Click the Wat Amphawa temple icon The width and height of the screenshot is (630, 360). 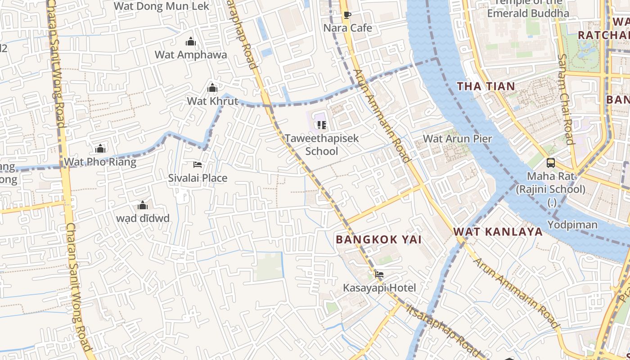[191, 42]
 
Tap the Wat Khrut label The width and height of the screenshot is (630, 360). [212, 101]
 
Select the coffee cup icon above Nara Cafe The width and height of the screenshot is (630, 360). [347, 15]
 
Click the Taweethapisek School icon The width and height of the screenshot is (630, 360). [321, 125]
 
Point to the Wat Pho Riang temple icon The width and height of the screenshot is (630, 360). [100, 148]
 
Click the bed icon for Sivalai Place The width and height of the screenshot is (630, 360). [197, 165]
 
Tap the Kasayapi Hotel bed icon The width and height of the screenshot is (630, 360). [379, 274]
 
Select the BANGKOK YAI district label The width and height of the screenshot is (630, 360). [379, 239]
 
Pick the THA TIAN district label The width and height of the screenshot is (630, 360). [486, 86]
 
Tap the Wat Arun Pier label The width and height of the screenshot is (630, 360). [458, 139]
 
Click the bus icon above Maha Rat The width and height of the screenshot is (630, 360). [550, 163]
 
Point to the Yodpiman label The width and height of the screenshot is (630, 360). [572, 225]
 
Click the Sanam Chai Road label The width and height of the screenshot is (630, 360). [566, 99]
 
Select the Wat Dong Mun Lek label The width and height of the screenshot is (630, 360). [162, 6]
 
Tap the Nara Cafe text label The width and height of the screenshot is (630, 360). [348, 28]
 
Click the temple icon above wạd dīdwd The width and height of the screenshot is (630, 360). [143, 206]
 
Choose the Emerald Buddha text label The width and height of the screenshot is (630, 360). [528, 13]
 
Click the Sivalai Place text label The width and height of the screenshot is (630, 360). [198, 178]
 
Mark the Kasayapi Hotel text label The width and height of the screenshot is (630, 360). [379, 288]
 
